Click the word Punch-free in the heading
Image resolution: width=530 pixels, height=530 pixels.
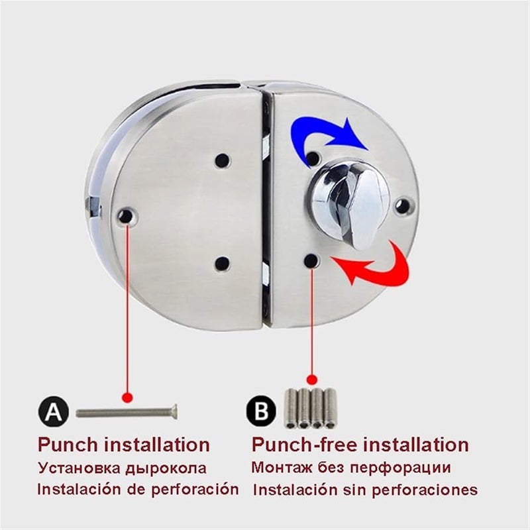click(301, 445)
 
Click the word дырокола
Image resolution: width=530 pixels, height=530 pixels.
click(165, 468)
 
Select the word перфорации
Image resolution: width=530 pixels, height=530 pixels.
click(404, 467)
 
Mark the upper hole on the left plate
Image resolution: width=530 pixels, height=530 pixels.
click(223, 161)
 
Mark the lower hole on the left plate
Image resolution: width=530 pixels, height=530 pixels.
click(223, 264)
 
